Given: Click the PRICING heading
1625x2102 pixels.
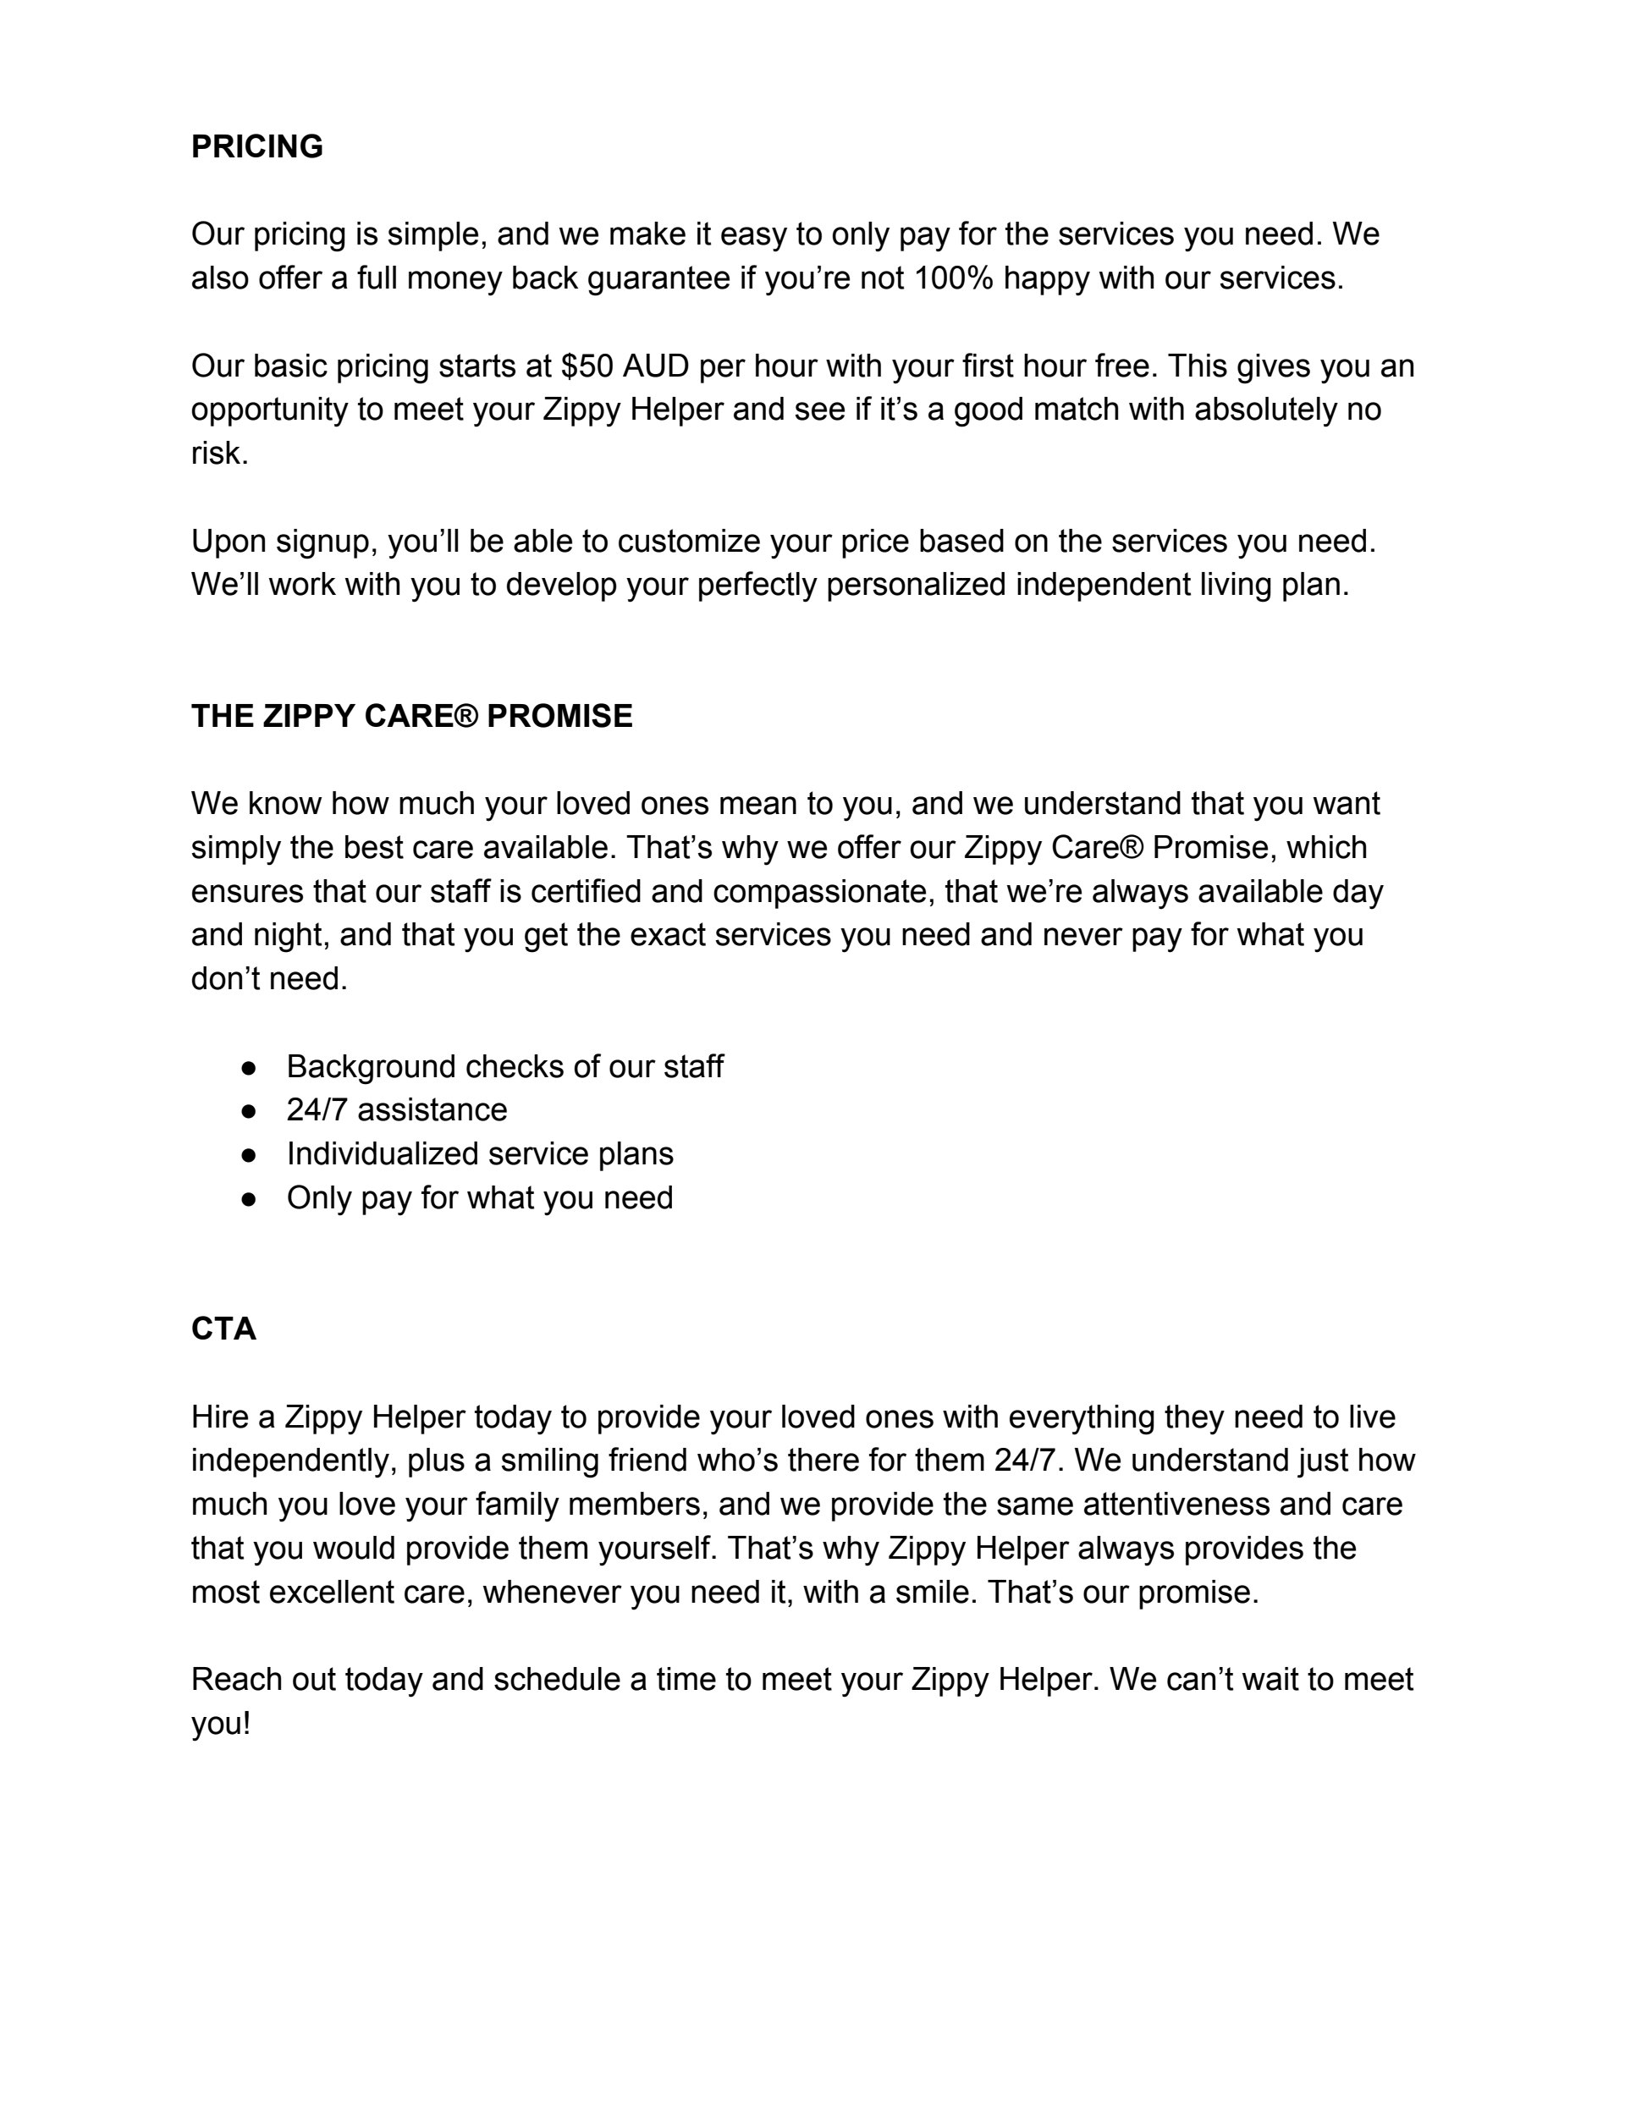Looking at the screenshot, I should point(257,146).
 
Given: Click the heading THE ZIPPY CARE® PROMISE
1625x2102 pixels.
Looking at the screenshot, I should point(412,716).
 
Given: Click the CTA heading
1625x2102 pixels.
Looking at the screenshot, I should point(223,1329).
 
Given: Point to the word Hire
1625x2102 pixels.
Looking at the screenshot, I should point(219,1417).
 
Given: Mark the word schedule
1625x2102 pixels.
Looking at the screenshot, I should point(558,1680).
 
